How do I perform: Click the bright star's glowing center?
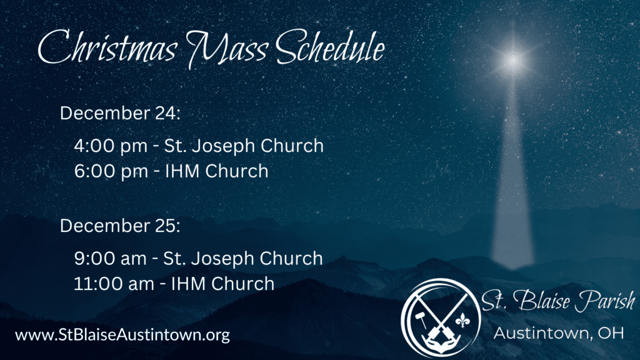pyautogui.click(x=512, y=61)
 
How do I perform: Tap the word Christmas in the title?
pyautogui.click(x=107, y=48)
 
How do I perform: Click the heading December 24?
pyautogui.click(x=120, y=113)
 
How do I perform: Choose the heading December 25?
pyautogui.click(x=120, y=226)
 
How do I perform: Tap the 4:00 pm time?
pyautogui.click(x=111, y=146)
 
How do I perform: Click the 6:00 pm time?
pyautogui.click(x=111, y=171)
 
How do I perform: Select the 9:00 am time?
pyautogui.click(x=110, y=259)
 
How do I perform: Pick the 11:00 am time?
pyautogui.click(x=114, y=284)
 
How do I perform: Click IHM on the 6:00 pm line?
pyautogui.click(x=182, y=171)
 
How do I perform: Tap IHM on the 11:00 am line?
pyautogui.click(x=188, y=284)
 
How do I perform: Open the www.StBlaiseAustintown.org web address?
pyautogui.click(x=122, y=335)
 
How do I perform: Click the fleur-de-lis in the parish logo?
pyautogui.click(x=462, y=321)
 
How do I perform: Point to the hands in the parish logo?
pyautogui.click(x=442, y=345)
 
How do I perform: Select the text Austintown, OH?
pyautogui.click(x=559, y=334)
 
